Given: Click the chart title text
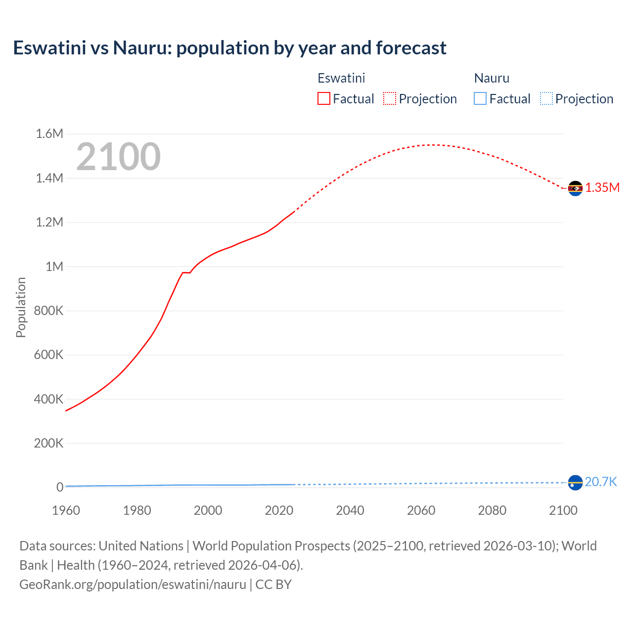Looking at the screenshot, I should coord(229,48).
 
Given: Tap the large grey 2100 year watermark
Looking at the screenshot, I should coord(118,157).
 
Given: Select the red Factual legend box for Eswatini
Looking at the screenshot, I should coord(323,98).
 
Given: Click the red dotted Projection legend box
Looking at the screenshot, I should coord(390,98).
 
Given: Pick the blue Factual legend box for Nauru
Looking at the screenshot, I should coord(480,98).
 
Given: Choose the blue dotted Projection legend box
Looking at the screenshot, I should coord(546,98).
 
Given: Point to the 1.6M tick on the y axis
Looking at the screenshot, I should coord(49,134).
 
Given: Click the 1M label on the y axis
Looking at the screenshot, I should coord(54,267).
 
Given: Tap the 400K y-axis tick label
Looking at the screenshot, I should coord(48,399).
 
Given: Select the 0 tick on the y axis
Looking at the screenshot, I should coord(60,487).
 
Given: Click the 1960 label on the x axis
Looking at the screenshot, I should coord(66,510).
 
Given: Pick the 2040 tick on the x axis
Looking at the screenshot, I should coord(350,510).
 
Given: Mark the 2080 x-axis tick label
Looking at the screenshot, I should coord(492,510).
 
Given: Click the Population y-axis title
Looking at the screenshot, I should coord(21,307).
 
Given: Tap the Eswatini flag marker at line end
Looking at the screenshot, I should coord(575,188).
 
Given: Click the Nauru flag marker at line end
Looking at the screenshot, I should coord(575,482).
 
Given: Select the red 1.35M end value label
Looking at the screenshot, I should coord(602,187).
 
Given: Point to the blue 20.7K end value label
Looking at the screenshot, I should coord(601,482).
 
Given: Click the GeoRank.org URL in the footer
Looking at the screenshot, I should coord(133,584).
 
